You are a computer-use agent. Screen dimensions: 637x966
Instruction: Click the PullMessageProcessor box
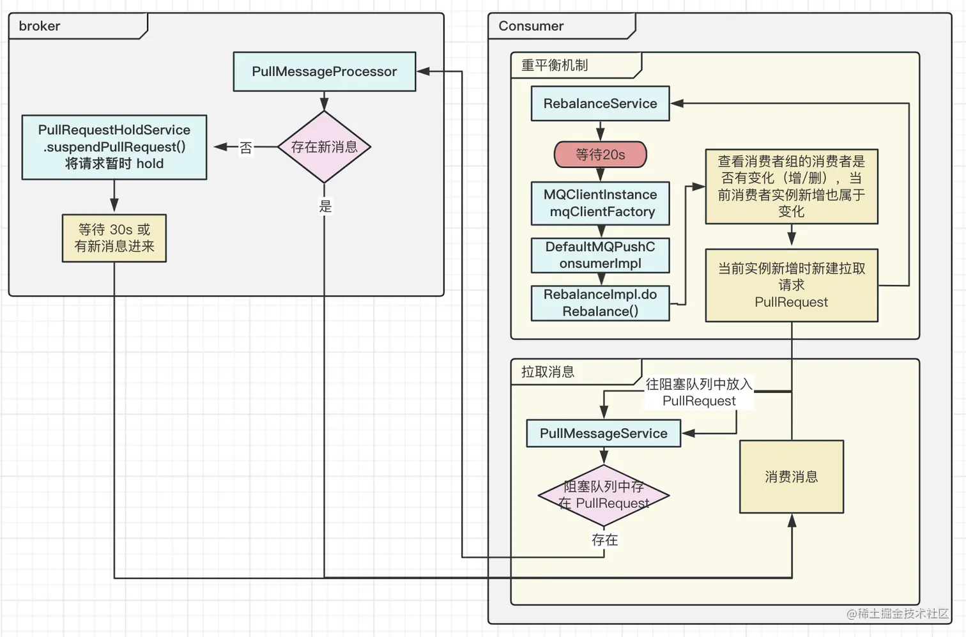pos(324,72)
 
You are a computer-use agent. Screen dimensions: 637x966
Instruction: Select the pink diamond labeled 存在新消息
pos(324,147)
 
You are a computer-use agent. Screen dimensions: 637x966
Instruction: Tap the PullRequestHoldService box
pos(114,147)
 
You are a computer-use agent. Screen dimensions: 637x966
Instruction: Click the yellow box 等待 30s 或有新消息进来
pos(114,238)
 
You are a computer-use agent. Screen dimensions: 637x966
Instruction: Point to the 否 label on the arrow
pos(246,148)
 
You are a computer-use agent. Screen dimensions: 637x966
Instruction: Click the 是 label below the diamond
pos(325,206)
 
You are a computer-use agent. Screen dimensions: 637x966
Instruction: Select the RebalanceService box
pos(600,104)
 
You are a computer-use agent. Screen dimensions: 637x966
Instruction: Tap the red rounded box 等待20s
pos(600,155)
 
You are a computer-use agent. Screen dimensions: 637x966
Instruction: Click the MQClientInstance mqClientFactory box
pos(600,203)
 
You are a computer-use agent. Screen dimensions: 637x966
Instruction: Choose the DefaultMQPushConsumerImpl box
pos(600,255)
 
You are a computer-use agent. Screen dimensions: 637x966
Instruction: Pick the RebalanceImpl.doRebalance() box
pos(600,303)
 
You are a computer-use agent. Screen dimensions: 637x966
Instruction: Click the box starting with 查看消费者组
pos(791,187)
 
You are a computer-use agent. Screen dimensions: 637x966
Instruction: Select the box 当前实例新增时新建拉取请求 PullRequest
pos(791,285)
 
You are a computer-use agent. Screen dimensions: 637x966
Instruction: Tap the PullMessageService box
pos(603,433)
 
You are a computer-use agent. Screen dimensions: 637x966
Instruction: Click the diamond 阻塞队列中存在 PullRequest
pos(603,495)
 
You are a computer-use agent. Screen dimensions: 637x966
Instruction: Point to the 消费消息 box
pos(791,477)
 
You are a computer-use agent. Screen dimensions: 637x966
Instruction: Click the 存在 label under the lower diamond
pos(604,540)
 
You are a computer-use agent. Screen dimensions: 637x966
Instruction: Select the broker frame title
pos(40,26)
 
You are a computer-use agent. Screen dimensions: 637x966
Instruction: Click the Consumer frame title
pos(531,26)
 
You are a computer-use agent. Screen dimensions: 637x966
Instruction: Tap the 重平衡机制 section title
pos(554,65)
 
